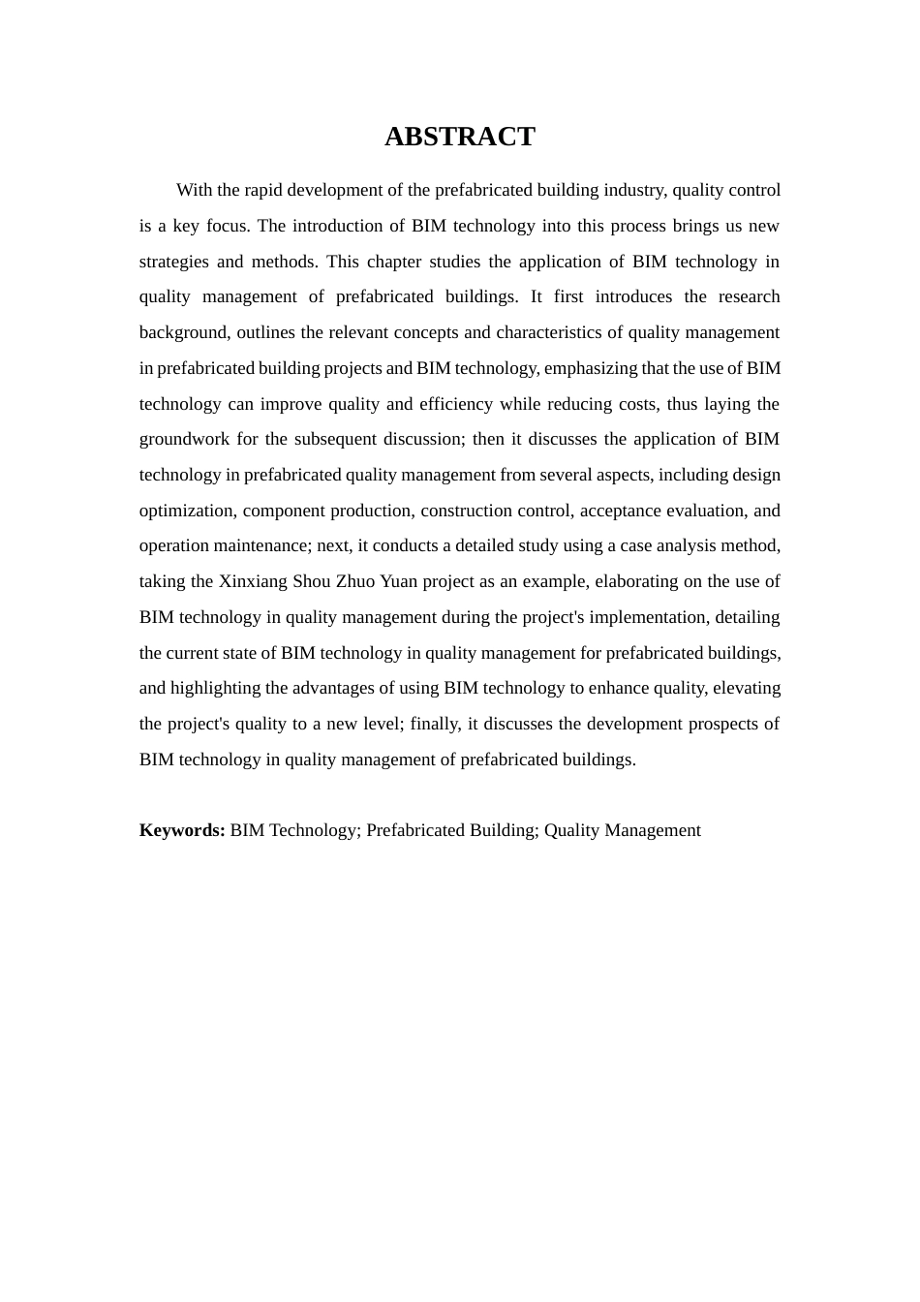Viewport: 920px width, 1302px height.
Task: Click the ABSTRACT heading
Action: [459, 137]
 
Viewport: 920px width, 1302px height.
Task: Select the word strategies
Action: [173, 262]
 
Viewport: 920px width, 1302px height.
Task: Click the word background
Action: [183, 332]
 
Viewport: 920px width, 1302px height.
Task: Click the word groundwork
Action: [183, 439]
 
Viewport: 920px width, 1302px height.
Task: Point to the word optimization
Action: [187, 511]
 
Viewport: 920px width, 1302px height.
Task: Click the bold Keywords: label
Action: [182, 830]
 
